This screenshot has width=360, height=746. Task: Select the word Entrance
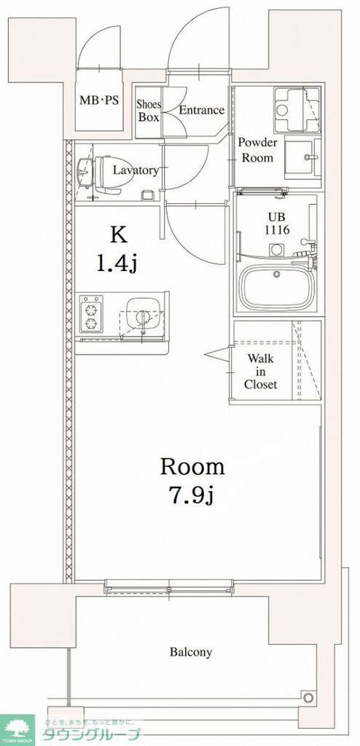tap(200, 111)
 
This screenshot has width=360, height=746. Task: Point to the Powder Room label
tap(257, 151)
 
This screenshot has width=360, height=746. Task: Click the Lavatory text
tap(136, 170)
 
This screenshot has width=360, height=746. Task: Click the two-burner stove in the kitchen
tap(92, 315)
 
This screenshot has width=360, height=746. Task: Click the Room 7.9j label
tap(192, 481)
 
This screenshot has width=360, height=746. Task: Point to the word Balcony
tap(191, 652)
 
